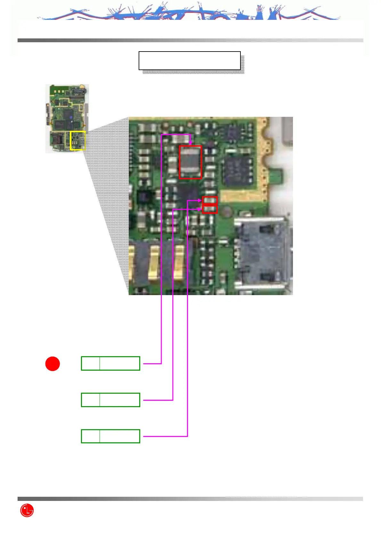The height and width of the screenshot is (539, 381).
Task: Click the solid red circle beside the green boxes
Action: tap(53, 364)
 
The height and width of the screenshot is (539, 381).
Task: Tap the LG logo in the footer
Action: tap(27, 510)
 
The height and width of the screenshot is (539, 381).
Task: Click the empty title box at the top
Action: tap(190, 60)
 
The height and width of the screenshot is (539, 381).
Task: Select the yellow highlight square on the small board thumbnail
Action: tap(78, 141)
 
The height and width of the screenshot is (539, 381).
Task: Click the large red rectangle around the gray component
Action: tap(190, 162)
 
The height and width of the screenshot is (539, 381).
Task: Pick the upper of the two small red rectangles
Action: tap(210, 200)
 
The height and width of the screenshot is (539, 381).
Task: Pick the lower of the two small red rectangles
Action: tap(210, 209)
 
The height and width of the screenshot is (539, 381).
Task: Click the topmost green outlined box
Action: tap(110, 363)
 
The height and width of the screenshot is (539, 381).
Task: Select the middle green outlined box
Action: tap(110, 400)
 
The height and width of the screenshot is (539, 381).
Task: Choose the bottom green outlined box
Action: tap(110, 436)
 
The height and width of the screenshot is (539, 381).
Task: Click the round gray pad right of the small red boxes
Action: tap(227, 212)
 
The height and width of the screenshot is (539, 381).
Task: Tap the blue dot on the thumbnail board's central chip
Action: tap(72, 122)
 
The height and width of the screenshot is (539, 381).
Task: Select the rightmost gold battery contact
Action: tap(179, 262)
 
